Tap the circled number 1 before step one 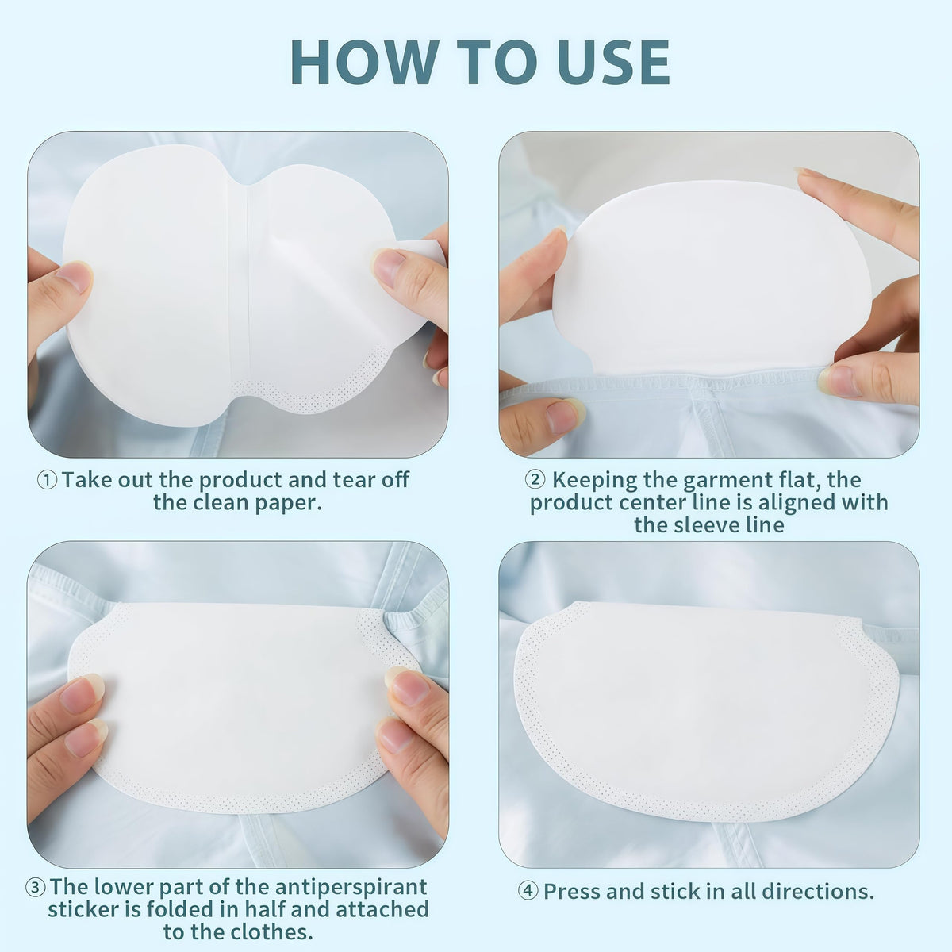tap(48, 480)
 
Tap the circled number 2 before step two tap(535, 479)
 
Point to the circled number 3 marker tap(35, 888)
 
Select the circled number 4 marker tap(528, 892)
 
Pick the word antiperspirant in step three tap(351, 887)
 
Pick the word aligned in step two tap(797, 504)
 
